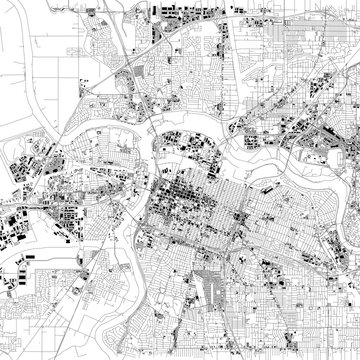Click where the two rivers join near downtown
[147, 141]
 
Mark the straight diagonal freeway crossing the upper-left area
[118, 50]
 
